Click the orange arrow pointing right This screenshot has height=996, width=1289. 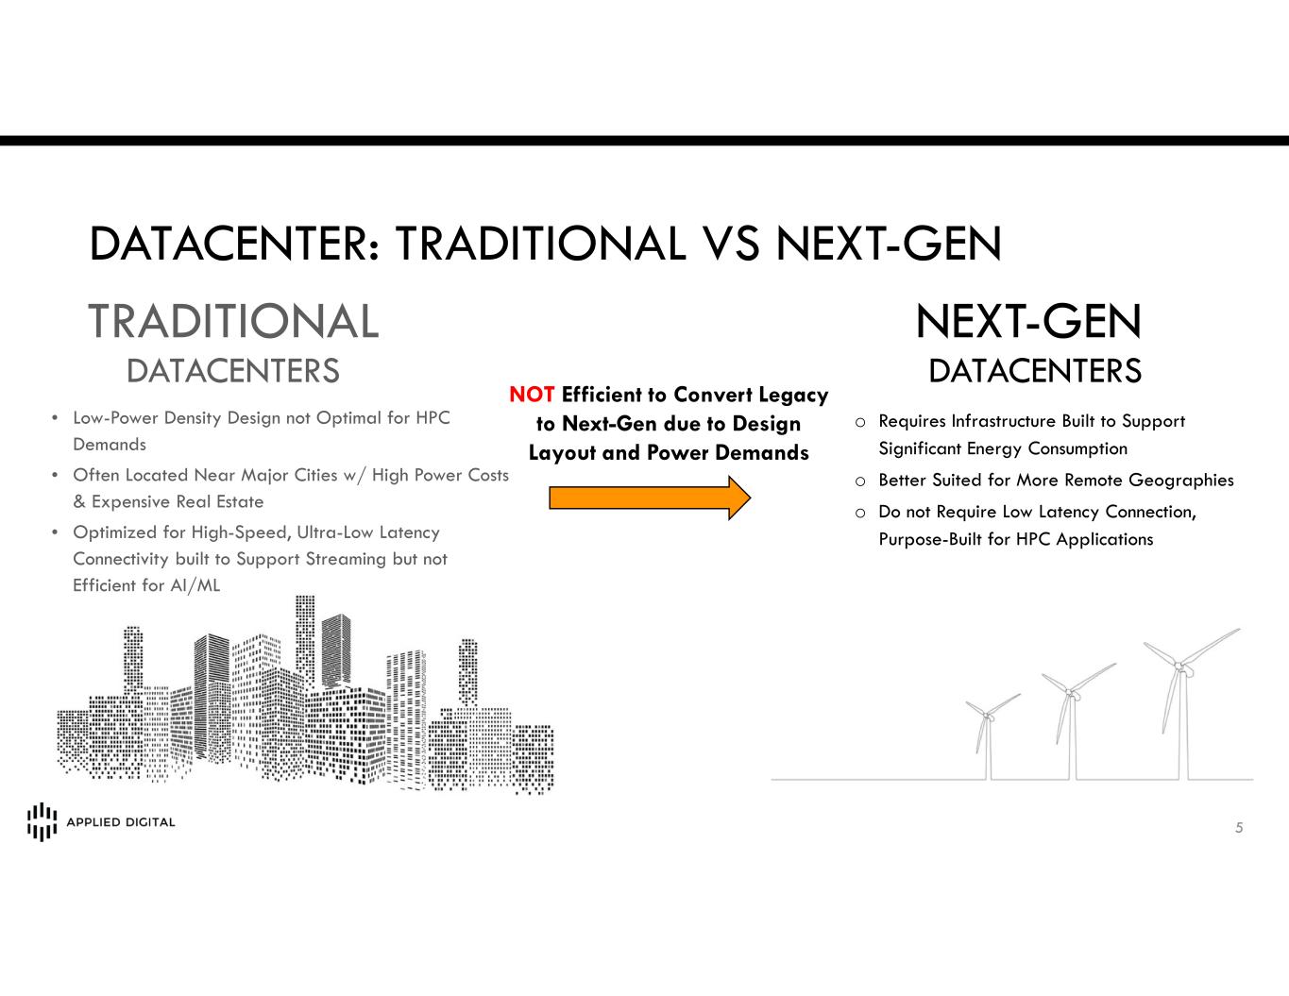pyautogui.click(x=650, y=498)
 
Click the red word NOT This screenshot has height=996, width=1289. pyautogui.click(x=532, y=395)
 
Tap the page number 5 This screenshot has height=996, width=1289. pyautogui.click(x=1239, y=828)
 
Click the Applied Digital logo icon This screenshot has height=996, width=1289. pyautogui.click(x=42, y=821)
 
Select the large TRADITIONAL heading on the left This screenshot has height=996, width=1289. pyautogui.click(x=233, y=321)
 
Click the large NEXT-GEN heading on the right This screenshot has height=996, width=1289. pyautogui.click(x=1028, y=321)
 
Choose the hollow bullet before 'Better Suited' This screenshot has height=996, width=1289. pyautogui.click(x=860, y=481)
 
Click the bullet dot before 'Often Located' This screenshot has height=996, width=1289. pyautogui.click(x=55, y=475)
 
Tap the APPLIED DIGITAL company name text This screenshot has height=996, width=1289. pyautogui.click(x=121, y=822)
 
